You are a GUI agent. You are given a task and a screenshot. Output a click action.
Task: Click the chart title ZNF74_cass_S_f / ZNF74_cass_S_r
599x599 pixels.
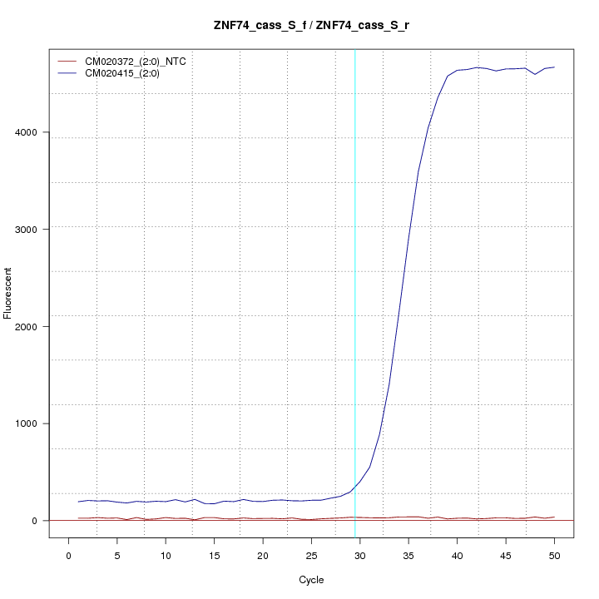coord(311,26)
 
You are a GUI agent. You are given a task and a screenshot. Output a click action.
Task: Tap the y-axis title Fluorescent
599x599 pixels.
coord(8,293)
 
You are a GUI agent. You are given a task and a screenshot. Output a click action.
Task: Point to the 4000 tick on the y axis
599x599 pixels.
coord(37,132)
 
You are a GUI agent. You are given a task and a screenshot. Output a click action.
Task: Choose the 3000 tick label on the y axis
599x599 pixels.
coord(37,229)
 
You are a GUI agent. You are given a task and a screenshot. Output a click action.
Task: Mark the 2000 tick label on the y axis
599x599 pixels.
coord(37,326)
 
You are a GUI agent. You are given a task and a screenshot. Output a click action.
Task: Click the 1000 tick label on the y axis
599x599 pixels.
coord(37,423)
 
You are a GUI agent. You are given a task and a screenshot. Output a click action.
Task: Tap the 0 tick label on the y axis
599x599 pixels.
coord(37,521)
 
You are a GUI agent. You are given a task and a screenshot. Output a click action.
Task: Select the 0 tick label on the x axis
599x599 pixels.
coord(68,555)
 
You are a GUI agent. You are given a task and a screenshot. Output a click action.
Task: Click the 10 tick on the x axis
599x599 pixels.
coord(166,555)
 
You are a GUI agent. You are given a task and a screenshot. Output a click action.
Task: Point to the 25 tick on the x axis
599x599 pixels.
coord(311,555)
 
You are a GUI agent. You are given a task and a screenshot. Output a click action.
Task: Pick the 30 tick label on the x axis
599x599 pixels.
coord(359,555)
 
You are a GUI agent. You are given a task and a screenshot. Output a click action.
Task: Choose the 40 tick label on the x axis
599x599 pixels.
coord(457,555)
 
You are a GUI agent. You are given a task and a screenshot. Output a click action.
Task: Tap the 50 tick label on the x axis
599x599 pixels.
coord(554,555)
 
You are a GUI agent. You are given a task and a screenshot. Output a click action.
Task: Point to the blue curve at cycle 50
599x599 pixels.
coord(554,67)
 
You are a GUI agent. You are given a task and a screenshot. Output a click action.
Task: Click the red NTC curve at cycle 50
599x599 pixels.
coord(554,517)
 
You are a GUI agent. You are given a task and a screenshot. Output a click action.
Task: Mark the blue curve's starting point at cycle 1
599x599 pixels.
coord(78,502)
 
